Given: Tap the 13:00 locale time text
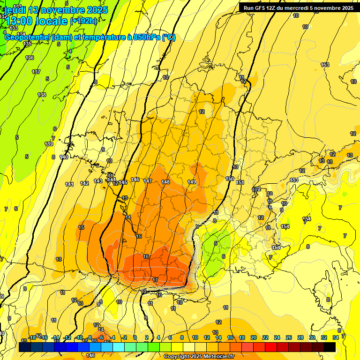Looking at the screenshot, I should click(x=37, y=21).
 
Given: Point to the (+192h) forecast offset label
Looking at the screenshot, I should click(x=83, y=21).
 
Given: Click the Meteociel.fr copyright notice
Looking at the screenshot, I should click(x=199, y=357).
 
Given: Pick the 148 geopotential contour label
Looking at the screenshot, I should click(x=165, y=182).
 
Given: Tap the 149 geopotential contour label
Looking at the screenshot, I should click(x=192, y=182).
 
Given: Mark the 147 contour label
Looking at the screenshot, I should click(x=148, y=181).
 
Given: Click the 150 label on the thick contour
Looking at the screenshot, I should click(x=230, y=179).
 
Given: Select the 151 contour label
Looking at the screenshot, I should click(x=240, y=182).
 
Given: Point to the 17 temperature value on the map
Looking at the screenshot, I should click(x=156, y=280).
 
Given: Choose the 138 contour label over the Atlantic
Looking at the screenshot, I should click(x=42, y=95).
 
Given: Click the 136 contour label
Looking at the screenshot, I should click(x=30, y=58).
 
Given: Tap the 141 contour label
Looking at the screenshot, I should click(x=69, y=184).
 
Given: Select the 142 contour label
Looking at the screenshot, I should click(x=84, y=183).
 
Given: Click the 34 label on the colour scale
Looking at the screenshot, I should click(x=336, y=337).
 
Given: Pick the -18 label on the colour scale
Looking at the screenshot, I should click(x=32, y=337).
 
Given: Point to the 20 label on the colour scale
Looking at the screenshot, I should click(x=254, y=337).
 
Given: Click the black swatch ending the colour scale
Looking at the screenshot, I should click(x=330, y=347).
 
